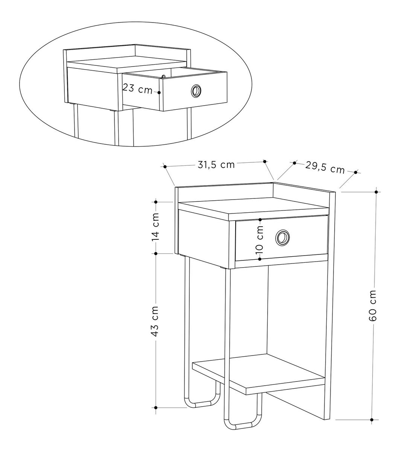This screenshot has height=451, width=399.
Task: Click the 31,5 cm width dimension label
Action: pyautogui.click(x=216, y=165)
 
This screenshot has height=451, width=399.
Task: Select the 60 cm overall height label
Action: pyautogui.click(x=372, y=305)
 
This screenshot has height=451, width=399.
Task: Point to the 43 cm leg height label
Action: pyautogui.click(x=155, y=321)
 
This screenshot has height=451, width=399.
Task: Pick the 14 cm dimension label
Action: pyautogui.click(x=155, y=227)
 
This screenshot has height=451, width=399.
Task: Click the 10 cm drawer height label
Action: pyautogui.click(x=259, y=239)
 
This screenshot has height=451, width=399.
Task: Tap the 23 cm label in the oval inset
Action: pyautogui.click(x=138, y=89)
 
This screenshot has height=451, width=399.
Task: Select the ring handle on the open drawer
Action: pyautogui.click(x=196, y=91)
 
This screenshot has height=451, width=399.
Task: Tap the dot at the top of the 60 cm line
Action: pyautogui.click(x=376, y=192)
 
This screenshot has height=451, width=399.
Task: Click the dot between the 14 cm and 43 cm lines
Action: pyautogui.click(x=156, y=253)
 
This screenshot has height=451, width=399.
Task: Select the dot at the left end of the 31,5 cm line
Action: pyautogui.click(x=165, y=166)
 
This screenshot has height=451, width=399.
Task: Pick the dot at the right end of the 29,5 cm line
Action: pyautogui.click(x=356, y=172)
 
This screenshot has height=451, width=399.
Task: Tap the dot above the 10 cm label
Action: pyautogui.click(x=260, y=220)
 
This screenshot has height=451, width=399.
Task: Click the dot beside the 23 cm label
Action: pyautogui.click(x=159, y=92)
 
